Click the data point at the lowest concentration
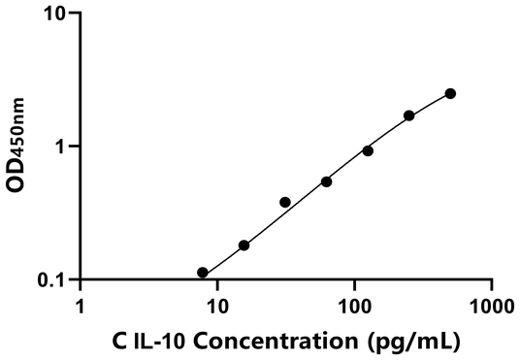(203, 273)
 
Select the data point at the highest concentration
(450, 93)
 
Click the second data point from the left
(244, 245)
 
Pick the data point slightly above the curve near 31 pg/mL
(285, 202)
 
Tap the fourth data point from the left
(327, 181)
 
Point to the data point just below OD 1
(368, 150)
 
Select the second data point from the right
(409, 115)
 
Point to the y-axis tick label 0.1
(53, 279)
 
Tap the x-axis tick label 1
(80, 306)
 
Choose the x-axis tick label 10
(217, 306)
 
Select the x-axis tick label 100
(355, 306)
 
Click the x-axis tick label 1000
(492, 306)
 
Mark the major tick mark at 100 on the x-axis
(355, 288)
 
